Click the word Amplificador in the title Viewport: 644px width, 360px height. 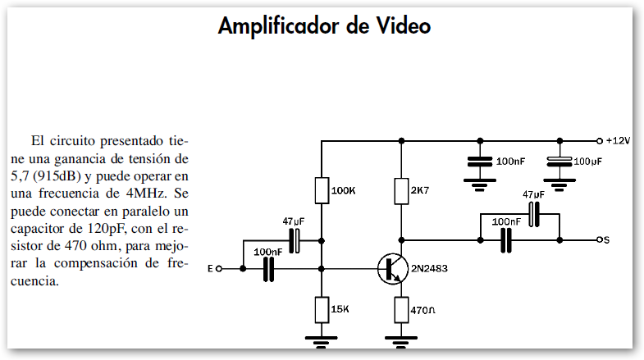pyautogui.click(x=274, y=26)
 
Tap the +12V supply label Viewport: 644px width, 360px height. pyautogui.click(x=615, y=140)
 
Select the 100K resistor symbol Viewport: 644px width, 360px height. pyautogui.click(x=321, y=190)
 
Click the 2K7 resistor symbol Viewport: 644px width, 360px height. pyautogui.click(x=401, y=190)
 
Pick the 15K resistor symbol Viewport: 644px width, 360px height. pyautogui.click(x=321, y=309)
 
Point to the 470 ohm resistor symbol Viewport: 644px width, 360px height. pyautogui.click(x=401, y=309)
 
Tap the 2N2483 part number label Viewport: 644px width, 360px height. pyautogui.click(x=430, y=268)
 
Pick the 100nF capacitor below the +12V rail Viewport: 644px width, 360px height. pyautogui.click(x=480, y=162)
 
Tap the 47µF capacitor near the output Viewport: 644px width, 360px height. pyautogui.click(x=534, y=214)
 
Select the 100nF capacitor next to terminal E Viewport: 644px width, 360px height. pyautogui.click(x=268, y=268)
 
